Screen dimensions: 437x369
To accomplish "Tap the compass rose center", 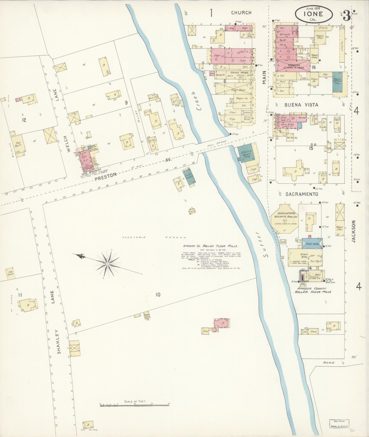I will [x=108, y=264].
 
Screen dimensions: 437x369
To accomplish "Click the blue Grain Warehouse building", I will [x=312, y=244].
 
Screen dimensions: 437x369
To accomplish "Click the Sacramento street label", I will [x=302, y=194].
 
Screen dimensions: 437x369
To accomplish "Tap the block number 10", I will [x=158, y=295].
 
